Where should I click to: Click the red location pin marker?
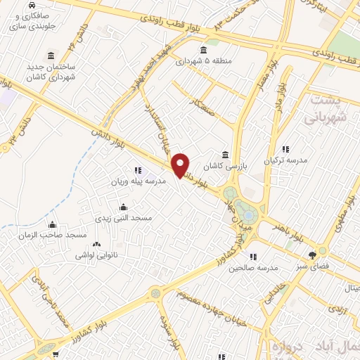pos(181,165)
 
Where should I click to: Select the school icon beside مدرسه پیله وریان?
pos(138,169)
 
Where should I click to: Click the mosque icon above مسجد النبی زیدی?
pos(124,207)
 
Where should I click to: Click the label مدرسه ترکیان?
pos(285,160)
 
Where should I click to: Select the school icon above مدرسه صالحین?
pos(253,257)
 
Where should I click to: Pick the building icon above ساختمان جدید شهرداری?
pos(51,56)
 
